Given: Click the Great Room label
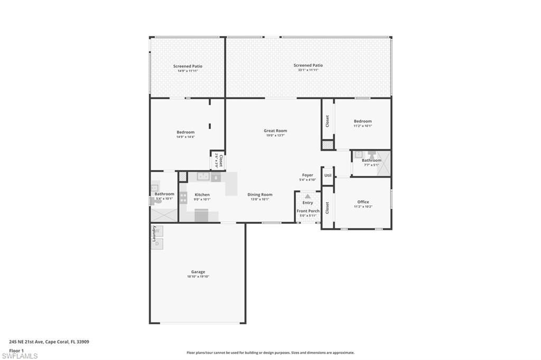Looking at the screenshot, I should [x=275, y=130].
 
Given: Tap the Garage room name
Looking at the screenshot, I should [x=198, y=272].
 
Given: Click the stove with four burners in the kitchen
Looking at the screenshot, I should [x=183, y=198].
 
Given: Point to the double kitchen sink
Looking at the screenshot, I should [x=203, y=177].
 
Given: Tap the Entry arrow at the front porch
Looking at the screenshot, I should [x=307, y=196].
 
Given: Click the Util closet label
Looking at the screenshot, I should [x=328, y=175].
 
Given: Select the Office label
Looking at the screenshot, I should [x=363, y=202].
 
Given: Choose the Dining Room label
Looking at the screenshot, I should [x=260, y=194].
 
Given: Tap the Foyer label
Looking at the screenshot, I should [x=307, y=175].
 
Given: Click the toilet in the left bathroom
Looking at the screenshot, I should [x=156, y=201].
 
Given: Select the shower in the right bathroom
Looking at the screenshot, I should [x=385, y=163].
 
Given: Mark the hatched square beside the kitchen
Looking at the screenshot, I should [x=183, y=177].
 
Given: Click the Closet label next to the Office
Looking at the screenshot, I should [x=328, y=208].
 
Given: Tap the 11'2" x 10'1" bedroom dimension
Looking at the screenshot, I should [x=363, y=126].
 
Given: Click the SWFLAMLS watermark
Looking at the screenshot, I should [x=20, y=356].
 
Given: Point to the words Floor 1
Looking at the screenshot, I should [x=16, y=350].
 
